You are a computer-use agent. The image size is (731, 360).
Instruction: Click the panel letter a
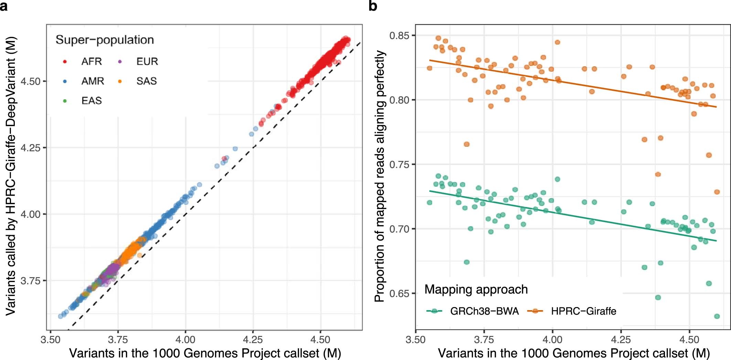point(4,6)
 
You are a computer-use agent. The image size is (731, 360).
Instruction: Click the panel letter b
point(373,6)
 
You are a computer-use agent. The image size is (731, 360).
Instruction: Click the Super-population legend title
point(105,40)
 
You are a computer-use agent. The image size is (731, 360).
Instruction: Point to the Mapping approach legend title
point(476,290)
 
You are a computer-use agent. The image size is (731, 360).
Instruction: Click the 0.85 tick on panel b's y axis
point(402,35)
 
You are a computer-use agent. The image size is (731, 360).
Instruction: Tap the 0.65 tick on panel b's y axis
point(402,293)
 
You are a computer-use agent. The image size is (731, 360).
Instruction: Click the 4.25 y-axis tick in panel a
point(31,148)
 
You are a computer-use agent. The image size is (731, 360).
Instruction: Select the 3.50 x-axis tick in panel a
point(51,340)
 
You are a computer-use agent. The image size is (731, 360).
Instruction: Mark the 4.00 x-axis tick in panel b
point(552,340)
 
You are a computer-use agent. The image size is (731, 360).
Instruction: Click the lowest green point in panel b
point(717,316)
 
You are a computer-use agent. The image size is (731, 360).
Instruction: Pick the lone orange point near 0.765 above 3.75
point(466,144)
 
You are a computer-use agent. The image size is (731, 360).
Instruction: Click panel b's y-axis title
point(380,176)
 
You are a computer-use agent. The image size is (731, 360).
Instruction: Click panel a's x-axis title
point(205,353)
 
